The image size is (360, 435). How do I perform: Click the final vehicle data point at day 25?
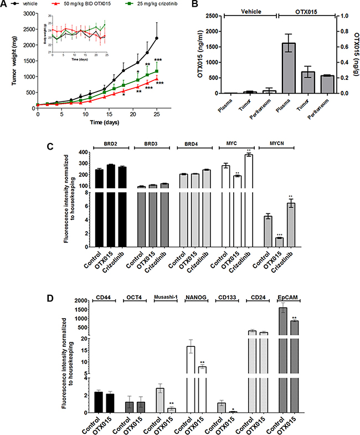157,38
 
